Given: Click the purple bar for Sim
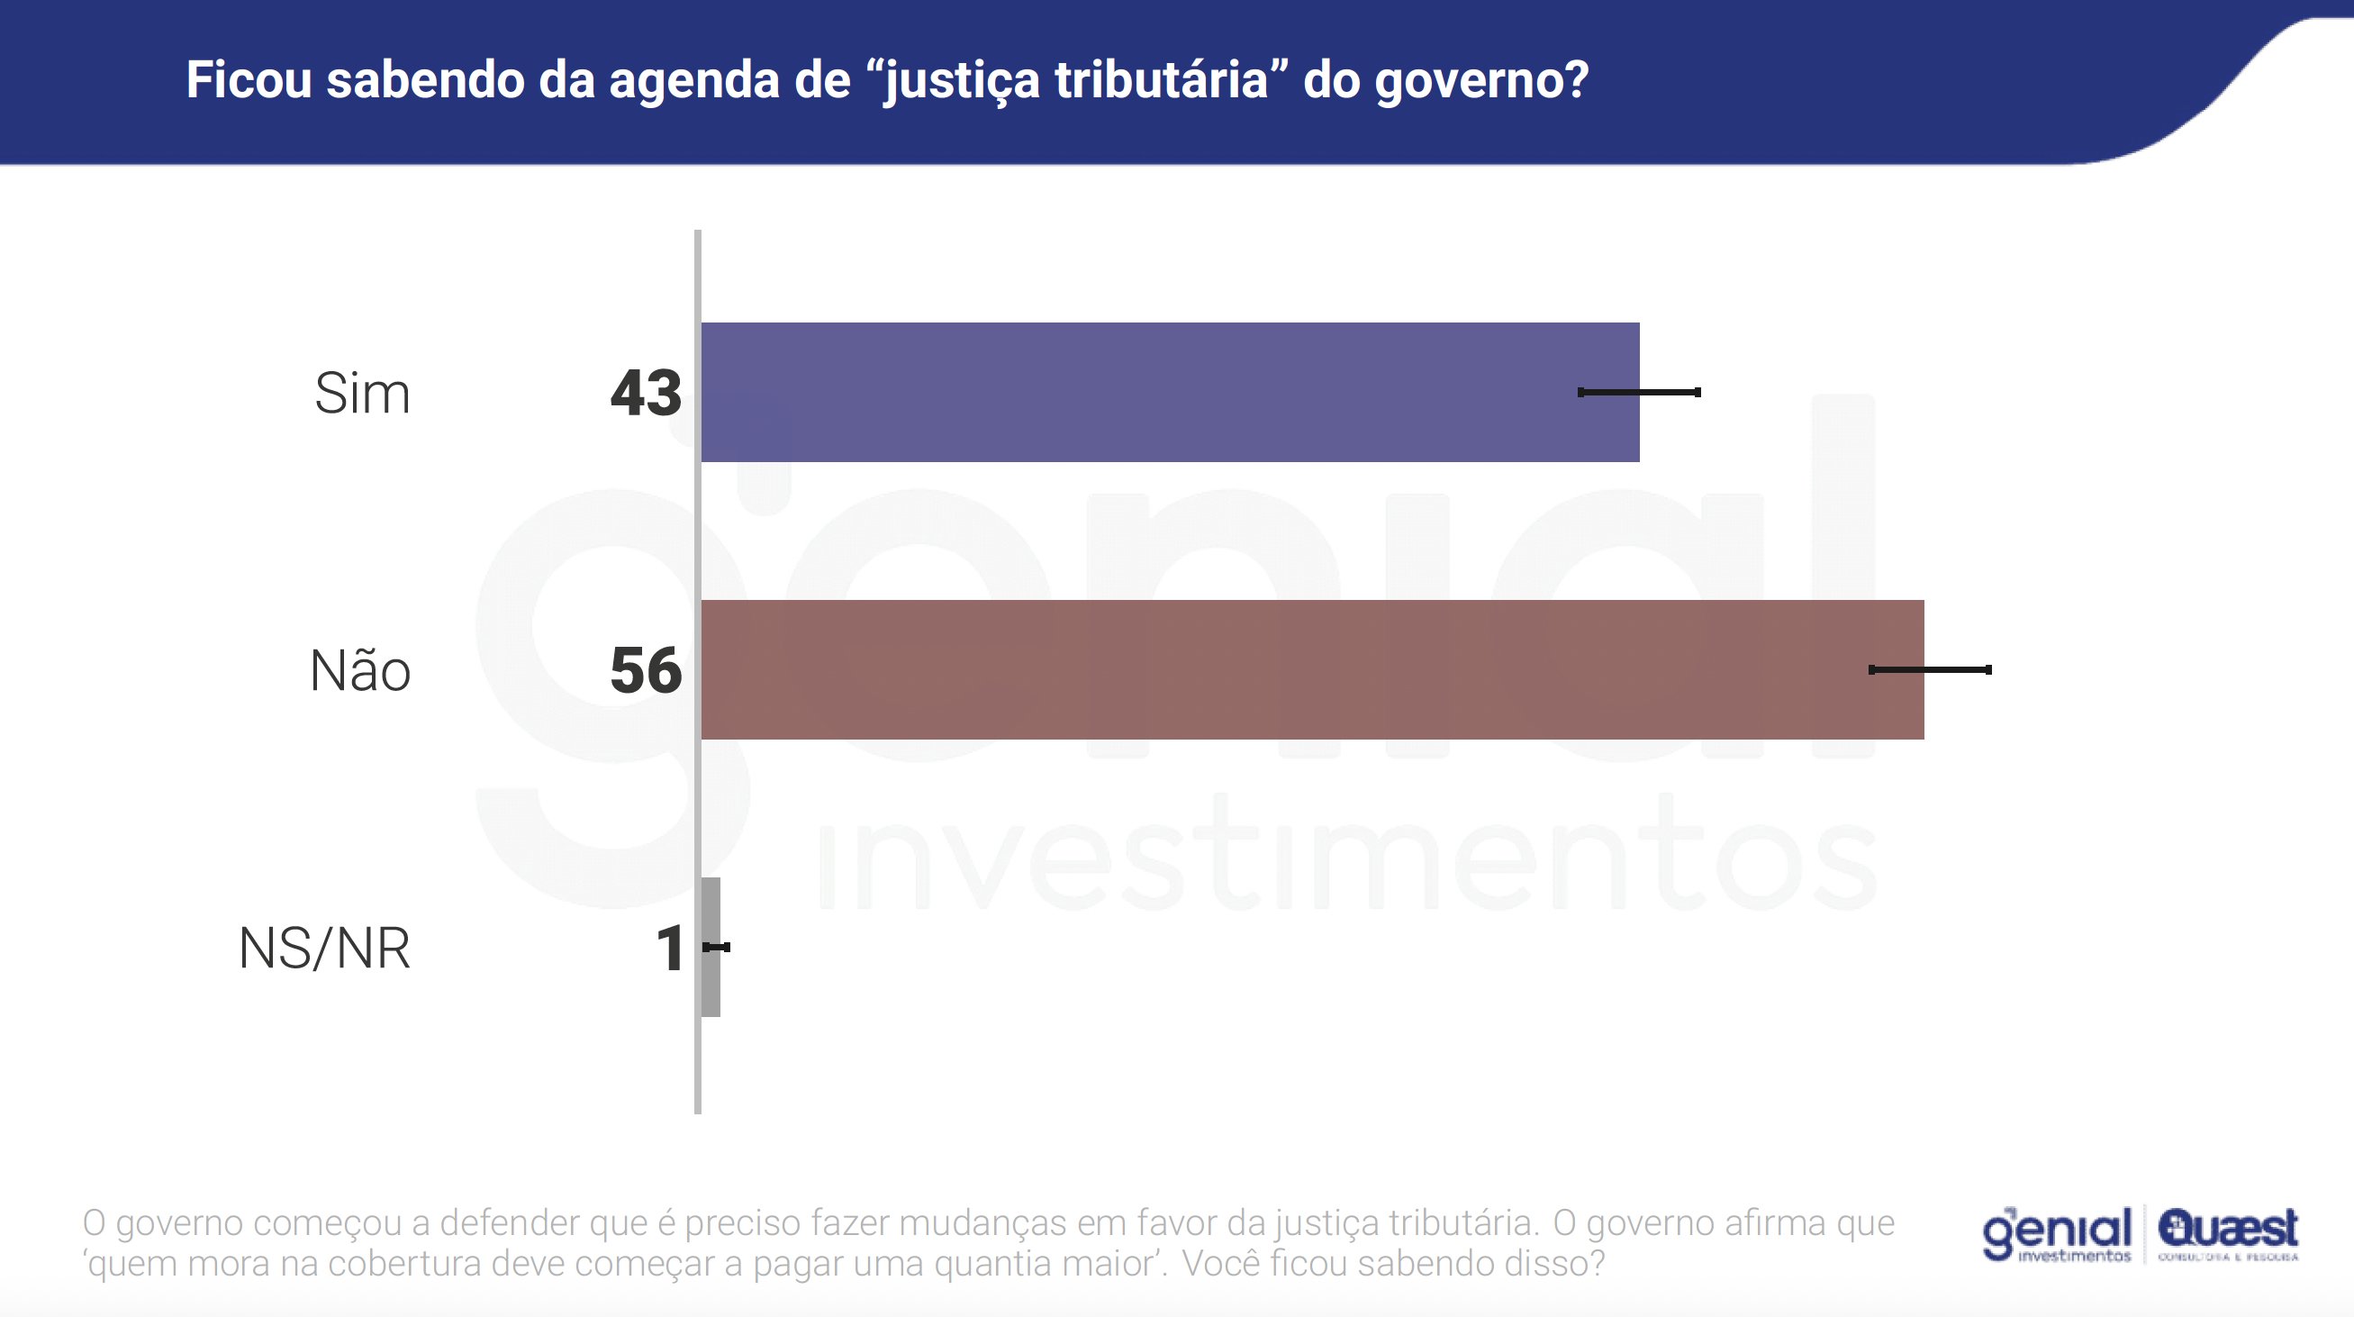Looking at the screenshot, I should pyautogui.click(x=1170, y=392).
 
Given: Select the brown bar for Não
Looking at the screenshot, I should pyautogui.click(x=1312, y=670).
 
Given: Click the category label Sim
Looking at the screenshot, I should pyautogui.click(x=362, y=394).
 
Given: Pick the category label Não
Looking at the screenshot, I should pyautogui.click(x=360, y=670).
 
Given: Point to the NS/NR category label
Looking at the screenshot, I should pyautogui.click(x=324, y=948).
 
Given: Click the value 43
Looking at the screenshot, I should pyautogui.click(x=645, y=394).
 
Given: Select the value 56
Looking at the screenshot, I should pyautogui.click(x=645, y=670).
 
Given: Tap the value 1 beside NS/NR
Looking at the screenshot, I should pyautogui.click(x=670, y=948).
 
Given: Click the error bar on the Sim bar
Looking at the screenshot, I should pyautogui.click(x=1639, y=392).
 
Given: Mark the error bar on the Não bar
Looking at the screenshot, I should pyautogui.click(x=1930, y=670).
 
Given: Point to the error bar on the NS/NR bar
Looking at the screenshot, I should pyautogui.click(x=718, y=947).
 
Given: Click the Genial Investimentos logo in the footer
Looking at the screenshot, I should pyautogui.click(x=2056, y=1235).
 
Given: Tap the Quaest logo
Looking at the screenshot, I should pyautogui.click(x=2228, y=1233).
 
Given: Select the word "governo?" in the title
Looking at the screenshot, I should pyautogui.click(x=1482, y=81).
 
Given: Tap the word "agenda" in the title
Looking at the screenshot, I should pyautogui.click(x=694, y=81).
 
